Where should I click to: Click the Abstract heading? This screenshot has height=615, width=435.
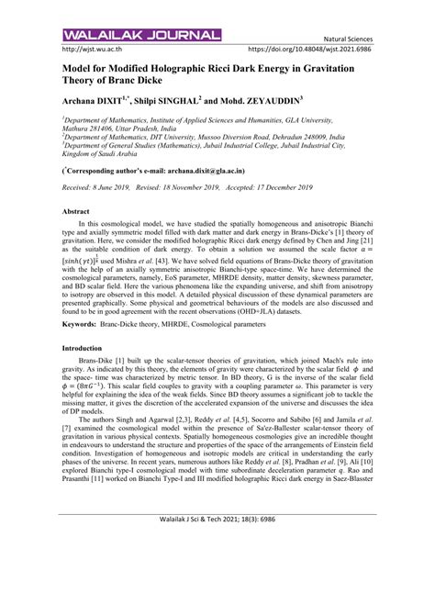[x=75, y=210]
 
